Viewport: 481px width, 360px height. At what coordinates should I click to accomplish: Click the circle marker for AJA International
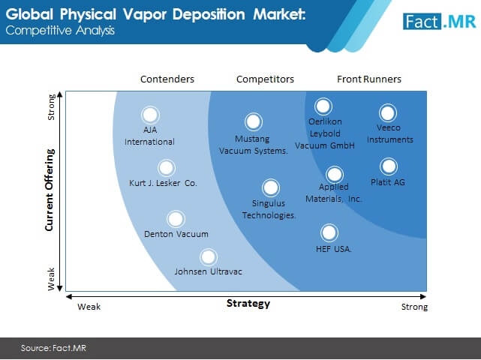(x=150, y=115)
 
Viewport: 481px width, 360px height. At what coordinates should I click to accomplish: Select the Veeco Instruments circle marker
(x=388, y=112)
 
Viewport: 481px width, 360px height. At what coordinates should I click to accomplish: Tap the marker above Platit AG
(x=389, y=166)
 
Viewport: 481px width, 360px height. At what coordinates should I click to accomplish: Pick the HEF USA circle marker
(x=329, y=232)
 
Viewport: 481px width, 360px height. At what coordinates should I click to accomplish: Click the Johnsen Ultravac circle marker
(x=209, y=257)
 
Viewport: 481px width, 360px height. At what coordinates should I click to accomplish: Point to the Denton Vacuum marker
(x=176, y=219)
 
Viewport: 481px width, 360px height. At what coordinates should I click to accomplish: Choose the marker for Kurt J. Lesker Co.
(x=167, y=168)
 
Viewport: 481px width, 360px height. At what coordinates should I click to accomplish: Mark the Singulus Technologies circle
(x=271, y=187)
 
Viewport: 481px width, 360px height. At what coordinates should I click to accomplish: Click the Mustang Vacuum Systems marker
(x=254, y=121)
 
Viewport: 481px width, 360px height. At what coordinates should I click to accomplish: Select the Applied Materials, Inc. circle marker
(x=335, y=175)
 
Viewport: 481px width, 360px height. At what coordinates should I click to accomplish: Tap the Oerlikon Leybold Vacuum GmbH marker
(x=323, y=106)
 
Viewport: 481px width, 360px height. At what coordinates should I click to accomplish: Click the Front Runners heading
(x=369, y=79)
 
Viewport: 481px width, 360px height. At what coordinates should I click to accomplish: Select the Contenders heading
(x=167, y=79)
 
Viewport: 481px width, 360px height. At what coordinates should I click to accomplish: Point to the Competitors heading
(x=265, y=79)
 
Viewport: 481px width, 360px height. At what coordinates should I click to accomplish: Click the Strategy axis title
(x=248, y=304)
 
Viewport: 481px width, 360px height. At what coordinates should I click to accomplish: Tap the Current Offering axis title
(x=50, y=190)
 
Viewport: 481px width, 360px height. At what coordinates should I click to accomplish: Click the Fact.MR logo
(x=439, y=22)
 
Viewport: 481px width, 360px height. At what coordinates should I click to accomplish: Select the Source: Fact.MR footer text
(x=54, y=348)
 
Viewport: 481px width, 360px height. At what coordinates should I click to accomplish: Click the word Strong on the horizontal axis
(x=414, y=307)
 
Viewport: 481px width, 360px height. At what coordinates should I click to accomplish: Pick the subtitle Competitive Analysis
(x=60, y=31)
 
